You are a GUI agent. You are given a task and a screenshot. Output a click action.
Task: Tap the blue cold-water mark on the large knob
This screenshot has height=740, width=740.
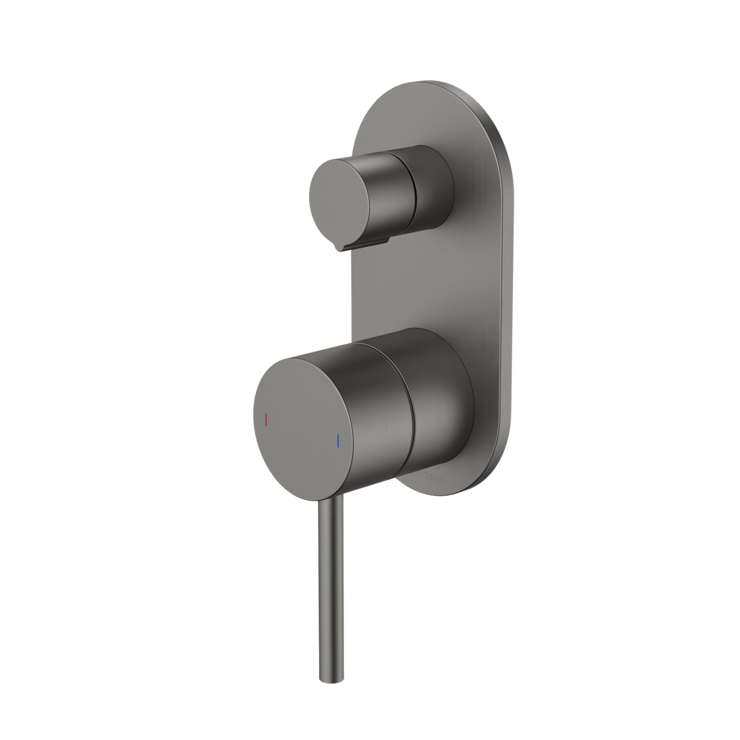point(338,442)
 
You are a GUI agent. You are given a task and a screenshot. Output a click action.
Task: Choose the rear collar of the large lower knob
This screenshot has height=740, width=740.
point(440,403)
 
